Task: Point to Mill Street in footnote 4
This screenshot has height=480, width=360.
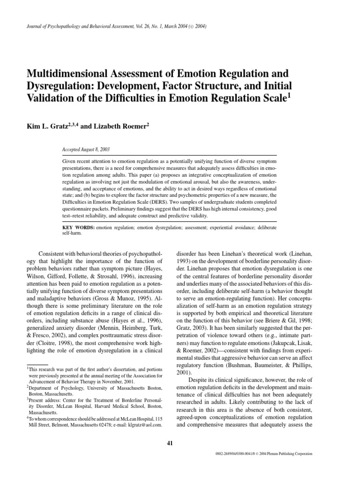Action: coord(39,412)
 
